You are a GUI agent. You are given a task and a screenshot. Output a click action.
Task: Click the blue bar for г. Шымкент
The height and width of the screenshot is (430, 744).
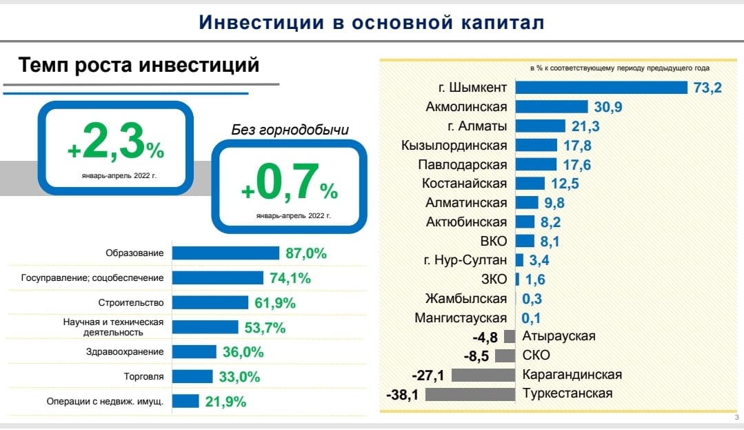point(601,88)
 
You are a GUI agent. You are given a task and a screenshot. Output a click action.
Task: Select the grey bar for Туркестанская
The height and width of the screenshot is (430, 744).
point(471,395)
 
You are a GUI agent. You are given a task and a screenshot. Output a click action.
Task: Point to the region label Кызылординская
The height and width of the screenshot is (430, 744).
point(454,146)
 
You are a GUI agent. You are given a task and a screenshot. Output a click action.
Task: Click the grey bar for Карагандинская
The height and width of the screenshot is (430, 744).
point(484,375)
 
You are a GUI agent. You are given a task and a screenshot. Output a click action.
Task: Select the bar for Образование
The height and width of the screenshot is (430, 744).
point(225,253)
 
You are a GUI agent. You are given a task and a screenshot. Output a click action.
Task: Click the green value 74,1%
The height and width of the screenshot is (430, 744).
point(290,278)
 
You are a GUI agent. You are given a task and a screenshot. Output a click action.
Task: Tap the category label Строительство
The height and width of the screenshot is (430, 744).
point(132,303)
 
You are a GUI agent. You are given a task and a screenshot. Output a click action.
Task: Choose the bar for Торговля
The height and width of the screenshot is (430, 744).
point(192,377)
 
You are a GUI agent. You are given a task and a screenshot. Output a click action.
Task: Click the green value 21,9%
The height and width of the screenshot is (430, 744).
point(225,402)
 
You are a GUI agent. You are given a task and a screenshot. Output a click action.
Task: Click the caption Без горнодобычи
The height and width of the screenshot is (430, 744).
point(290,130)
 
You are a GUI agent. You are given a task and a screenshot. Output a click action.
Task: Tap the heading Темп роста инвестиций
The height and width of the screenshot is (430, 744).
point(139,66)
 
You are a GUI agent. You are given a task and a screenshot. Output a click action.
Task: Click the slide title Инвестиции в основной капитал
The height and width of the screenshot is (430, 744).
point(372,23)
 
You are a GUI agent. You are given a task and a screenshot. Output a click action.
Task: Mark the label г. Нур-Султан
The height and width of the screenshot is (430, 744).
point(465,260)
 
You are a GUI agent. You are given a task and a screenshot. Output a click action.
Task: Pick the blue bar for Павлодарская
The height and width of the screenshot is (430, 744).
point(536,164)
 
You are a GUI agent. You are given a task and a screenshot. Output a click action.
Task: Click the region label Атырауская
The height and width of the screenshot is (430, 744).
point(559,337)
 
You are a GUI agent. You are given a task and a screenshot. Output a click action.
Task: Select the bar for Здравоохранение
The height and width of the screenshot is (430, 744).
point(194,352)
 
